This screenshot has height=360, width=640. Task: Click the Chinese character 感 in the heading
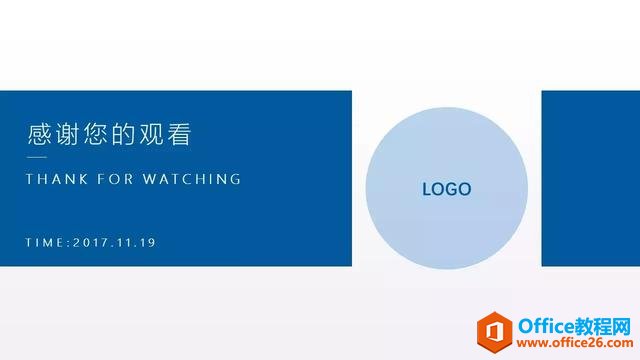coord(39,134)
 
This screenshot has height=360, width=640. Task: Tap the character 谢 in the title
coord(67,134)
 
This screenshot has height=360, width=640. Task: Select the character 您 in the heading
coord(95,134)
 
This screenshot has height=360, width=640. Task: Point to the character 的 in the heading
coord(123,134)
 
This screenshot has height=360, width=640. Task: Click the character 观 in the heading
coord(151,134)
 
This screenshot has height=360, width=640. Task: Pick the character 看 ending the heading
coord(179,134)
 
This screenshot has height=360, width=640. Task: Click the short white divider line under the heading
coord(37,157)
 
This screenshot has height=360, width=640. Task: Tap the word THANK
coord(57,179)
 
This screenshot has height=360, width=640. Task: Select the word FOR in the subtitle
coord(116,179)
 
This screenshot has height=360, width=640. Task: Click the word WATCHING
coord(192,179)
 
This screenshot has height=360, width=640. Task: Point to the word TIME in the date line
coord(44,242)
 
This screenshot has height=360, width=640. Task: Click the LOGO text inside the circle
coord(447,189)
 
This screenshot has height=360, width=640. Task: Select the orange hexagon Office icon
coord(494,332)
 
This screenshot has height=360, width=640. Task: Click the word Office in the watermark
coord(546,326)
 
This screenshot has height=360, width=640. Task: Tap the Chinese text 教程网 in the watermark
coord(603,326)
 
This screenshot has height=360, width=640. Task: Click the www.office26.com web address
coord(575,343)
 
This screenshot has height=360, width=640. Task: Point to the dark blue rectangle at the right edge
coord(591,178)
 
